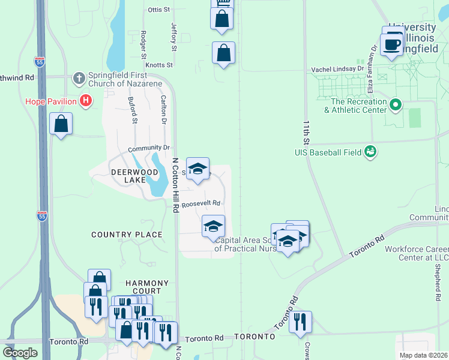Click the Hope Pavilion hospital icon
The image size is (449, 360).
pyautogui.click(x=86, y=101)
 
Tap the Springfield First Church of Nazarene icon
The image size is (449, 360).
pyautogui.click(x=79, y=78)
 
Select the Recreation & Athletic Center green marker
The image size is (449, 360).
pyautogui.click(x=395, y=106)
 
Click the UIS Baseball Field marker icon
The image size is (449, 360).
pyautogui.click(x=371, y=152)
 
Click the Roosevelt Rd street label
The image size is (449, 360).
pyautogui.click(x=201, y=203)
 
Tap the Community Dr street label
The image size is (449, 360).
pyautogui.click(x=149, y=148)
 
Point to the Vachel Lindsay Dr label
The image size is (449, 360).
pyautogui.click(x=337, y=70)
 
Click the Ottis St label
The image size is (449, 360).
pyautogui.click(x=159, y=10)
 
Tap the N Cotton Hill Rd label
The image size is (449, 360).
pyautogui.click(x=176, y=185)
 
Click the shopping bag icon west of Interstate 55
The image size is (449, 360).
pyautogui.click(x=61, y=124)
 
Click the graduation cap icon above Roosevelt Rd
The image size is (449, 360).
pyautogui.click(x=197, y=169)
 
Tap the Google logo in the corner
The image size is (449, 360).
pyautogui.click(x=20, y=353)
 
